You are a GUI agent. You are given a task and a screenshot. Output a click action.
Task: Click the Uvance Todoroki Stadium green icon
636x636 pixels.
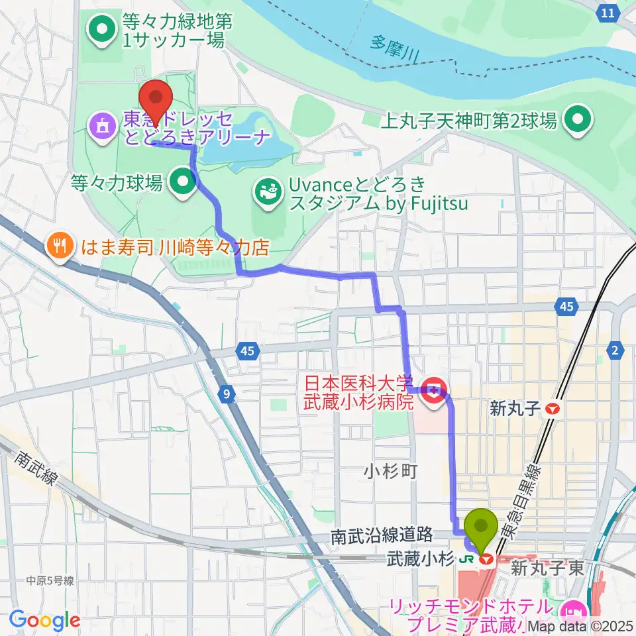point(268,193)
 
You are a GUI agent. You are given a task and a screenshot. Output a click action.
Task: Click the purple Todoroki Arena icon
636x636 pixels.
point(102,128)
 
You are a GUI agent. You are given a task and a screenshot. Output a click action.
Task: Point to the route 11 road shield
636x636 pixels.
point(608,13)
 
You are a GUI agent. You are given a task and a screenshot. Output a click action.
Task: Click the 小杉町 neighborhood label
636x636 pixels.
point(390,471)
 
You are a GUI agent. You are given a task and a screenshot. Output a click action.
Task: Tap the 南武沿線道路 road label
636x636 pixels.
point(382,534)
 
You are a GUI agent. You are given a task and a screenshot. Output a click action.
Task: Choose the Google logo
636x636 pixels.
point(45,620)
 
